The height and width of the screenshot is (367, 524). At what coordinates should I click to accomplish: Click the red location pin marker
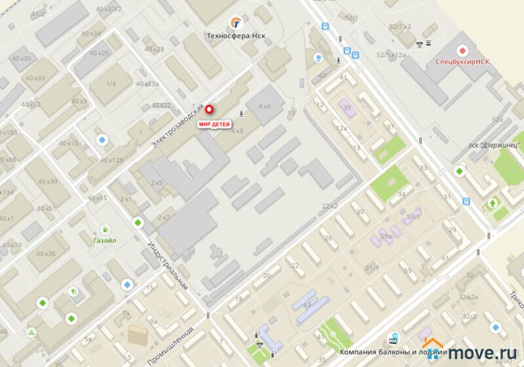pyautogui.click(x=210, y=110)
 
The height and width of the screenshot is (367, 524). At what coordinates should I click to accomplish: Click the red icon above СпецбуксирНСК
pyautogui.click(x=462, y=49)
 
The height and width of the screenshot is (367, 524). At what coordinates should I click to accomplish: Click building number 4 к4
pyautogui.click(x=265, y=106)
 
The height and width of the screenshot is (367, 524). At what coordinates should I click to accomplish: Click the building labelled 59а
pyautogui.click(x=386, y=236)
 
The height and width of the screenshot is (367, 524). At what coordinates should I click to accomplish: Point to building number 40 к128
pyautogui.click(x=111, y=160)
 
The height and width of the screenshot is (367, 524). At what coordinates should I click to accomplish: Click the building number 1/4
pyautogui.click(x=111, y=84)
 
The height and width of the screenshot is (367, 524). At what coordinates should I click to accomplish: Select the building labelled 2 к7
pyautogui.click(x=163, y=217)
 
